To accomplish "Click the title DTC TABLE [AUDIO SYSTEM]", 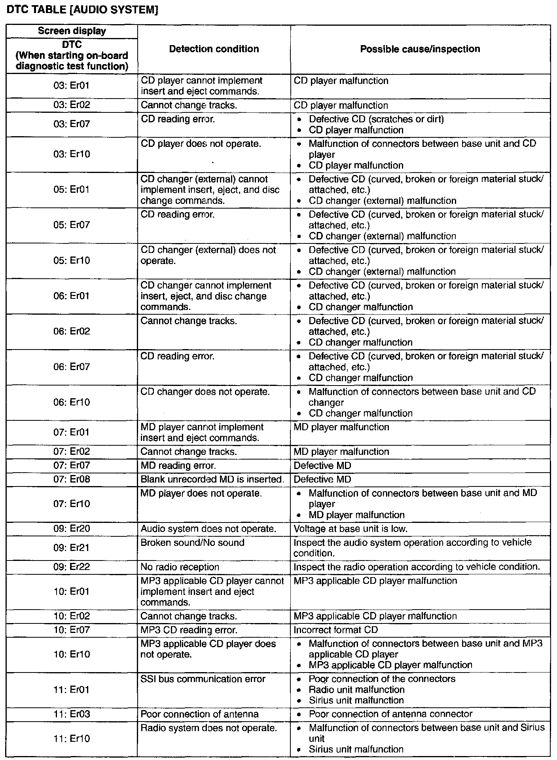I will [81, 10].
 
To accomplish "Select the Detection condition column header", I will [214, 49].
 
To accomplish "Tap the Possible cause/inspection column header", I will [420, 49].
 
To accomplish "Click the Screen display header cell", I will [72, 31].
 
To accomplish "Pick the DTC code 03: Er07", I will [72, 124].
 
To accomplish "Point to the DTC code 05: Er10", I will [72, 260].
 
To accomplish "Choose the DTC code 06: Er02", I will [72, 331].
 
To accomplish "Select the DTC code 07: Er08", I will [72, 479].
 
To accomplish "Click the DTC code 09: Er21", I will [72, 548].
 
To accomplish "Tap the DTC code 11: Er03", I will [72, 714].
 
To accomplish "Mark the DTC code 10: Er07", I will [72, 630].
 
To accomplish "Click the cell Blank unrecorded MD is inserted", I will [212, 479].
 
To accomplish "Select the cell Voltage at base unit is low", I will [350, 529].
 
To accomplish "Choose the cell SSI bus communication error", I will [203, 679].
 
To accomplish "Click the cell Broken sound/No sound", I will [192, 543].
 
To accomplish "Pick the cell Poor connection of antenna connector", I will [390, 714].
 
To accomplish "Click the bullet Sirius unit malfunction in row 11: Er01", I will [356, 700].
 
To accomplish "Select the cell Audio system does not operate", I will [208, 529].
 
